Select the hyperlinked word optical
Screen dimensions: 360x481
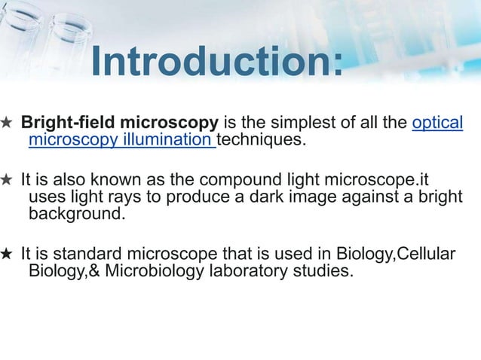[437, 123]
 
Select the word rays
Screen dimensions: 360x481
[134, 197]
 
